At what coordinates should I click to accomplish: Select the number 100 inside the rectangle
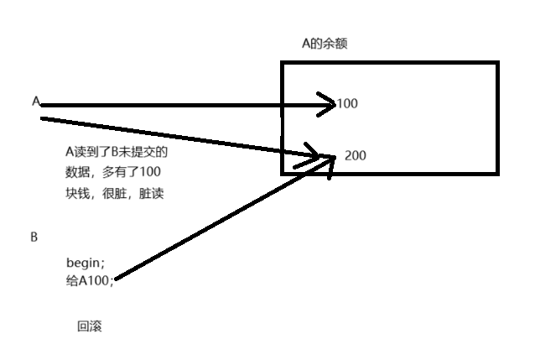point(347,104)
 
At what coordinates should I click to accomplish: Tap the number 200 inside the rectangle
point(355,156)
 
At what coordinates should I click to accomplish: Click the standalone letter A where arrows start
point(36,101)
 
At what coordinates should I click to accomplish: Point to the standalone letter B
point(34,237)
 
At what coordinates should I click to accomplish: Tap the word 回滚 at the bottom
point(89,326)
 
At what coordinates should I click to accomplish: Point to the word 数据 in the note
point(78,172)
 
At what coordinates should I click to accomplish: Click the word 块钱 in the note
point(78,192)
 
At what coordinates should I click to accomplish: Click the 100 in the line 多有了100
point(151,172)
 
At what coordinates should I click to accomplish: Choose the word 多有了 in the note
point(121,172)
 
